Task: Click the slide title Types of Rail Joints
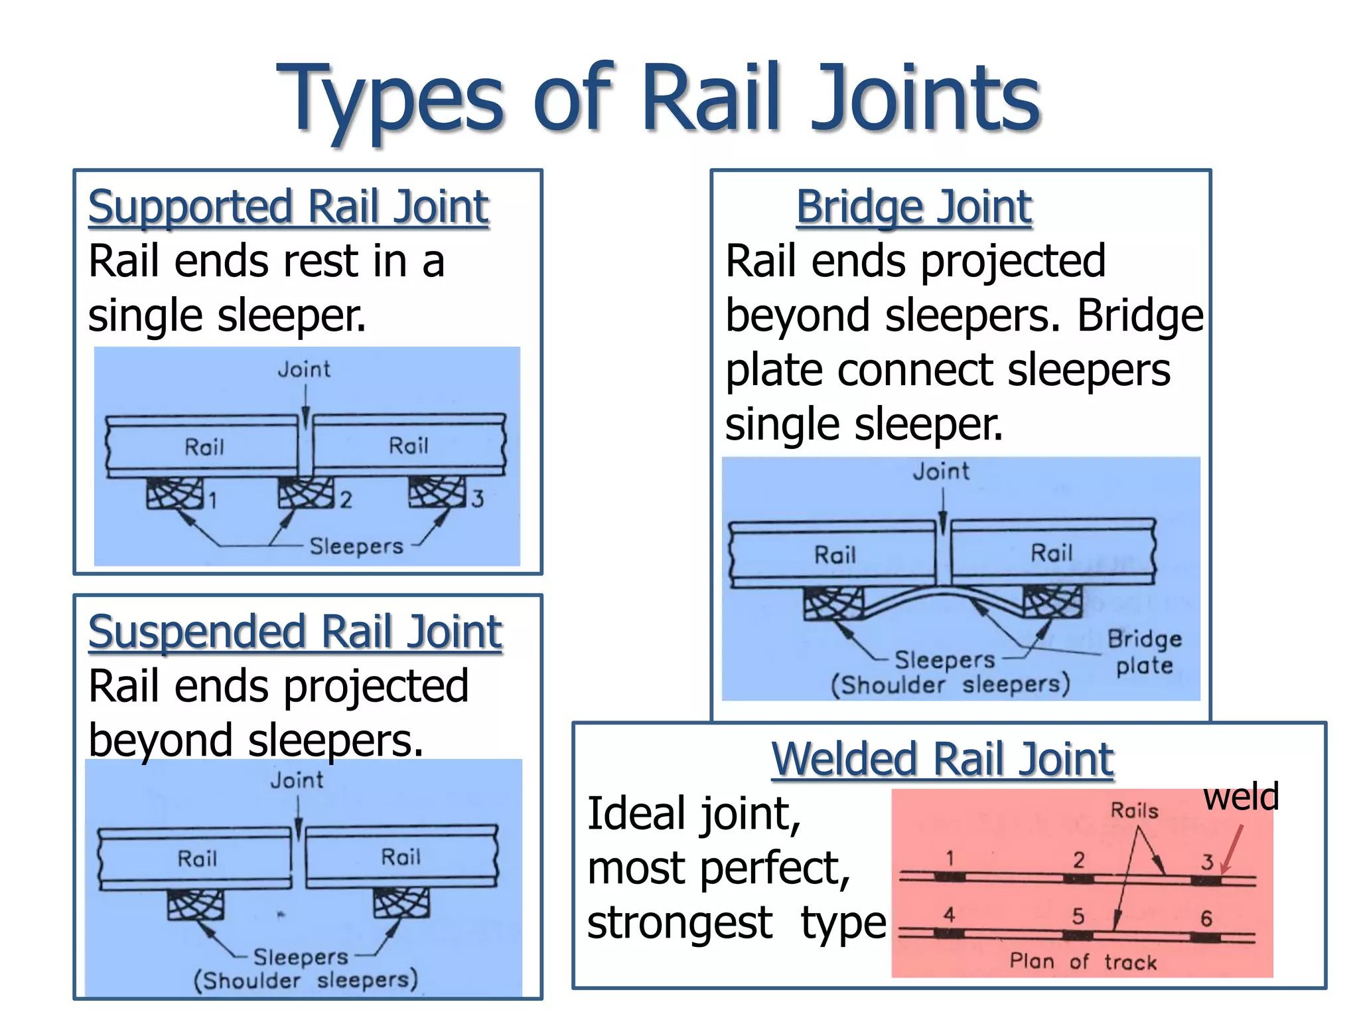(658, 98)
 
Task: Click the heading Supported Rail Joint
(289, 207)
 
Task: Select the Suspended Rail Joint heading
(295, 632)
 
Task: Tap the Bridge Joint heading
(914, 207)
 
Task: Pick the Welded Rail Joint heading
(942, 759)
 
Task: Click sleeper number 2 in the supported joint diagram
(305, 493)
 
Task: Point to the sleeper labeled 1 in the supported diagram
(175, 494)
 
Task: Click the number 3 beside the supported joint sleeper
(478, 498)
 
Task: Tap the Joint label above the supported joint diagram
(304, 369)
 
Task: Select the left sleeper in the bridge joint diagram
(833, 603)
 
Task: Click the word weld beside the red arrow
(1241, 797)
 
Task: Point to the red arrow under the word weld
(1232, 850)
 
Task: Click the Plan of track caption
(1082, 962)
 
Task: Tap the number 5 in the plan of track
(1078, 916)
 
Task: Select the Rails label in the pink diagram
(1134, 810)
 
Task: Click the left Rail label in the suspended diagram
(197, 859)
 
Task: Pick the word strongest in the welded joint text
(680, 923)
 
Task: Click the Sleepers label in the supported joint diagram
(356, 546)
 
